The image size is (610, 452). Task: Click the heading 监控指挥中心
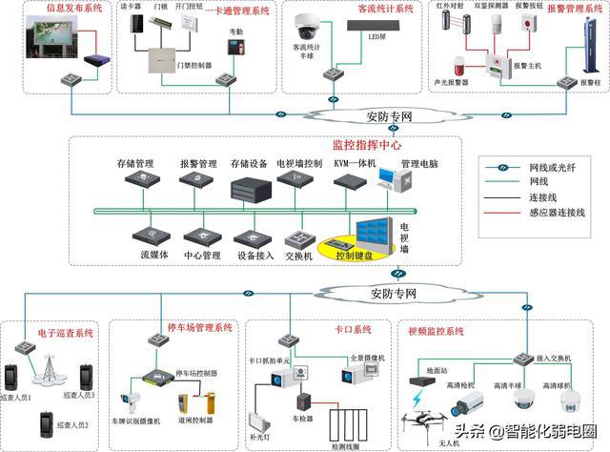point(368,146)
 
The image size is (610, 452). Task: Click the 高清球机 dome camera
point(572,397)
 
